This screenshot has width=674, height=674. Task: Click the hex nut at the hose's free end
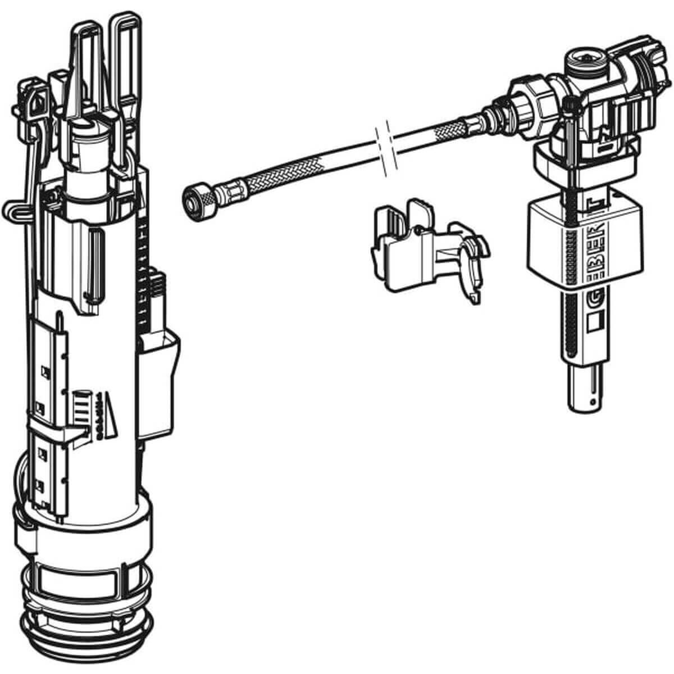(x=193, y=198)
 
